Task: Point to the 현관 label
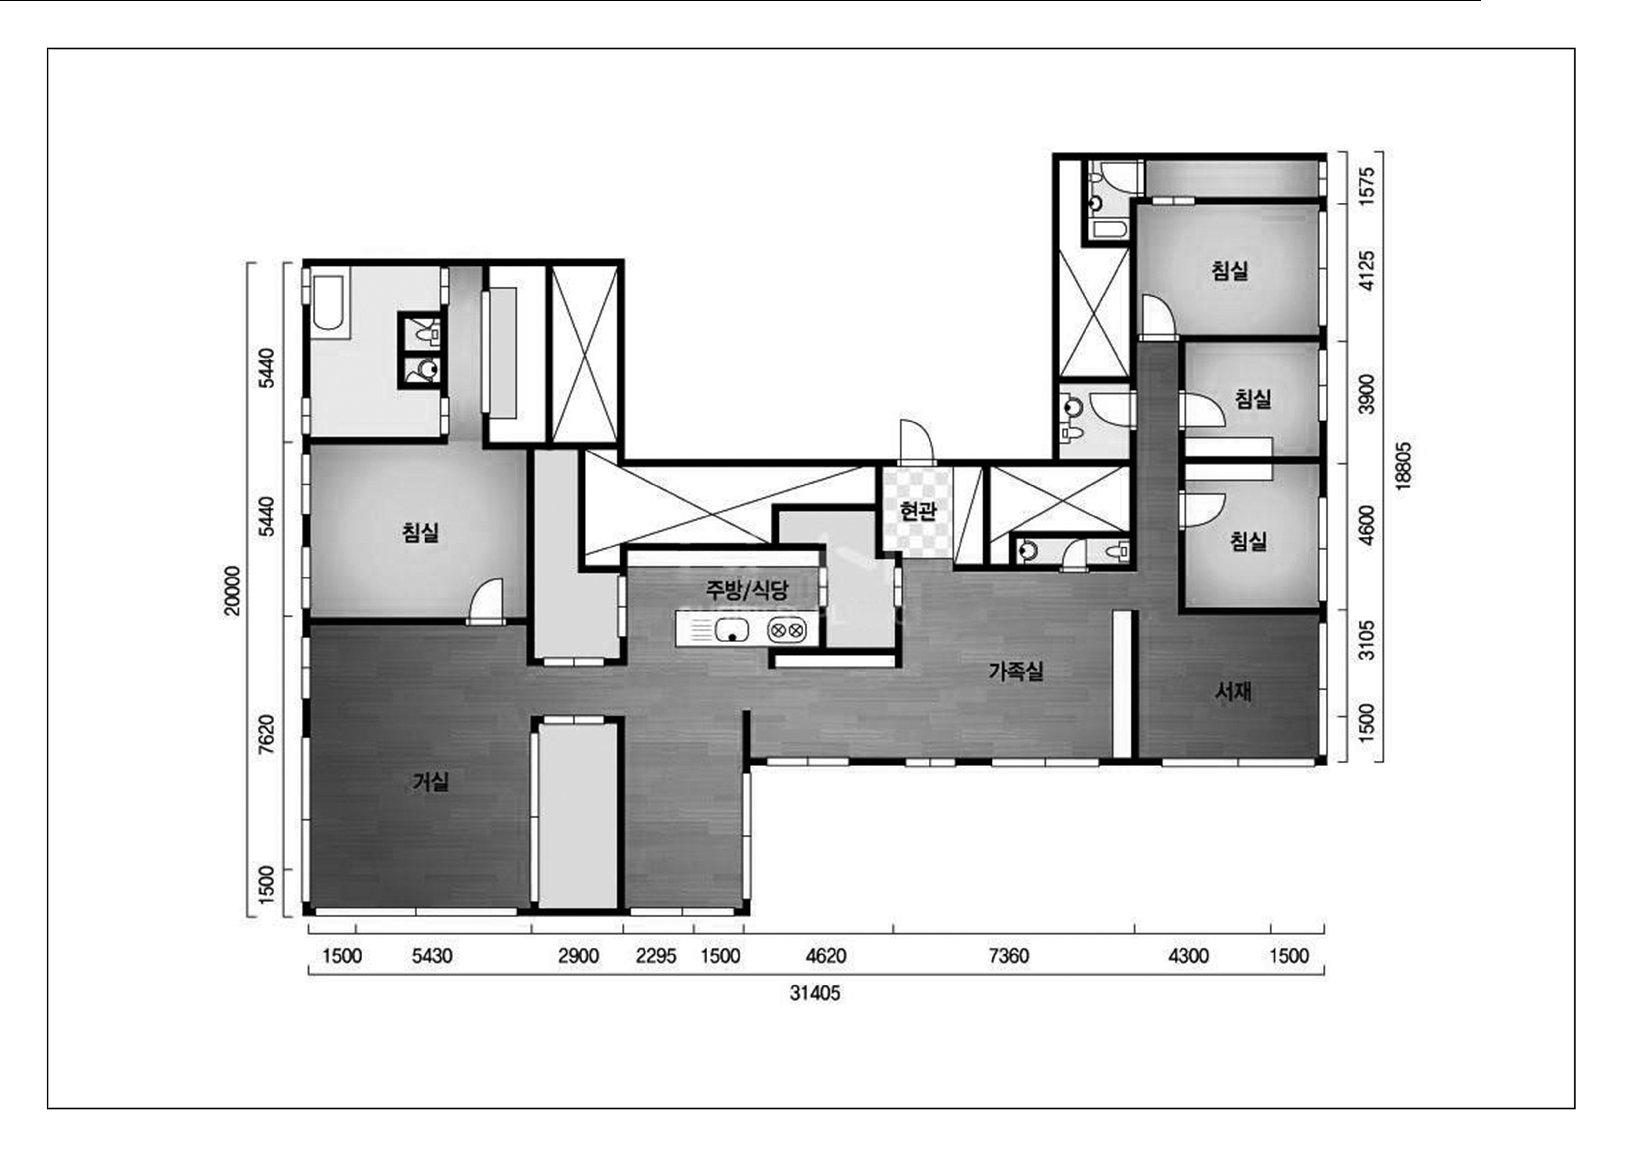click(918, 511)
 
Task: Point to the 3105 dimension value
click(1366, 640)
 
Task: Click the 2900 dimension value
click(578, 955)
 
